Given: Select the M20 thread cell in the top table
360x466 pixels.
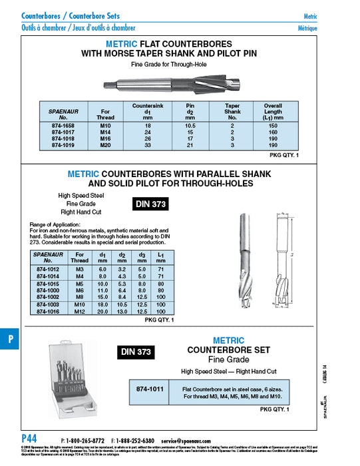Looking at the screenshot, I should [105, 144].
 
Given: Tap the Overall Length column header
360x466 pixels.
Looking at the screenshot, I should [272, 110].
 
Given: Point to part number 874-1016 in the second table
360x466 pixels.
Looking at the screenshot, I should [51, 311].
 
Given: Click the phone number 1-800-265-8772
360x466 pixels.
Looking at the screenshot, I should [85, 441].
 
